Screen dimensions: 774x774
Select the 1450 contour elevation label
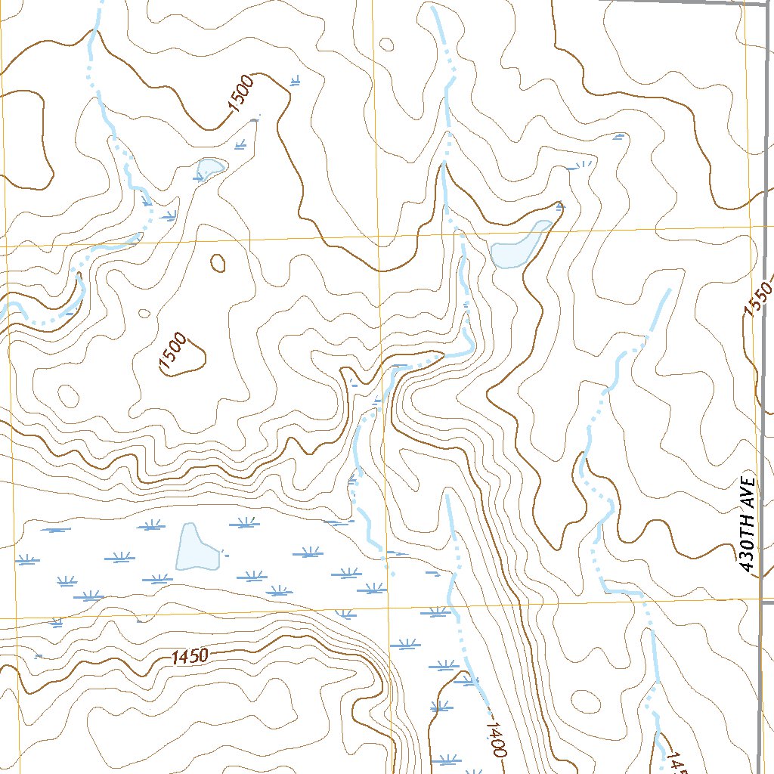point(189,657)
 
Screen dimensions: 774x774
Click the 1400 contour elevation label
point(495,738)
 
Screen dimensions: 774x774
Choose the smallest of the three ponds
point(209,167)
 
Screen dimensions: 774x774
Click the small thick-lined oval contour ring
point(218,262)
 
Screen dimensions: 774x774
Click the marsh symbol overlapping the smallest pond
point(201,177)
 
